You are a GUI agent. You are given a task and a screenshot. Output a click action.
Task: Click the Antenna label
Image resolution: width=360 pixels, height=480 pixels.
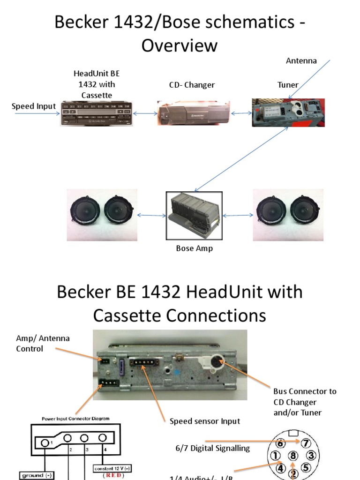click(301, 61)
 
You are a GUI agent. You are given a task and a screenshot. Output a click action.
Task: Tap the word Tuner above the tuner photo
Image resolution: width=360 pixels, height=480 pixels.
click(288, 85)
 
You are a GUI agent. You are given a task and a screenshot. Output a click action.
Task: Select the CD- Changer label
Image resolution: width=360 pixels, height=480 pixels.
click(192, 85)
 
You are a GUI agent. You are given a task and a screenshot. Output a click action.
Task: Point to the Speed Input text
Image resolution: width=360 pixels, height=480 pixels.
click(34, 106)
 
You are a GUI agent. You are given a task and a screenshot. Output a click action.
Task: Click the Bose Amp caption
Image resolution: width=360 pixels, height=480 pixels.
click(194, 248)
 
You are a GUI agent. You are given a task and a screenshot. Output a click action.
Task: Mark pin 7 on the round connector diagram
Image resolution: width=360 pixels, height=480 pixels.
click(306, 443)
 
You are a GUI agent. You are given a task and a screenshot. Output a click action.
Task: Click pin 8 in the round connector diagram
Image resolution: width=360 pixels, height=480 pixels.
click(293, 455)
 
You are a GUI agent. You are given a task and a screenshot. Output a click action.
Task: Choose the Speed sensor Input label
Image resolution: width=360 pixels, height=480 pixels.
click(205, 421)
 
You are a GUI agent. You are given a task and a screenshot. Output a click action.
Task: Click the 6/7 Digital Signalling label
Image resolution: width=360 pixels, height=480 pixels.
click(213, 449)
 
